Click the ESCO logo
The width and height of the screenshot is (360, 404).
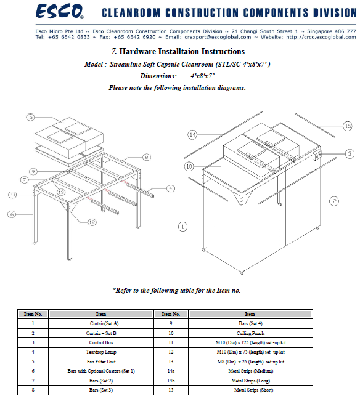point(60,11)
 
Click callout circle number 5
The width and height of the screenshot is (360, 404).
point(31,117)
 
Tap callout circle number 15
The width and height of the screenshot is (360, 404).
point(348,126)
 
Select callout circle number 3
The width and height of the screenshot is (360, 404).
point(350,154)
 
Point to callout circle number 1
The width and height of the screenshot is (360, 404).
point(183,227)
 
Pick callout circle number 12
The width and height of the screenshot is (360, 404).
point(92,222)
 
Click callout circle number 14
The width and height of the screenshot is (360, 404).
point(192,134)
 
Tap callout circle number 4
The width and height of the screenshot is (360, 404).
point(171,188)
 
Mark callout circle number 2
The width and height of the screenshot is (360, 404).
point(334,201)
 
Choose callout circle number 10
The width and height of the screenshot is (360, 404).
point(189,166)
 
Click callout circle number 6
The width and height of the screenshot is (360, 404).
point(12,214)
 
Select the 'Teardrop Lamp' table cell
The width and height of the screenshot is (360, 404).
point(101,352)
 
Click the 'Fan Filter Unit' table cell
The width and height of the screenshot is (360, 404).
point(101,362)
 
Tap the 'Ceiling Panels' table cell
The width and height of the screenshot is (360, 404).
point(250,333)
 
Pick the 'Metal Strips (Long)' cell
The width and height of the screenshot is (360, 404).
point(250,381)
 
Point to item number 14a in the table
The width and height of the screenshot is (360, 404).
point(171,371)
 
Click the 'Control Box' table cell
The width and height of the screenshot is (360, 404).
point(101,342)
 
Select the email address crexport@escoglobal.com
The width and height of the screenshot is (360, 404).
point(218,37)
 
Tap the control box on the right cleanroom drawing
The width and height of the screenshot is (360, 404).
point(317,156)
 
